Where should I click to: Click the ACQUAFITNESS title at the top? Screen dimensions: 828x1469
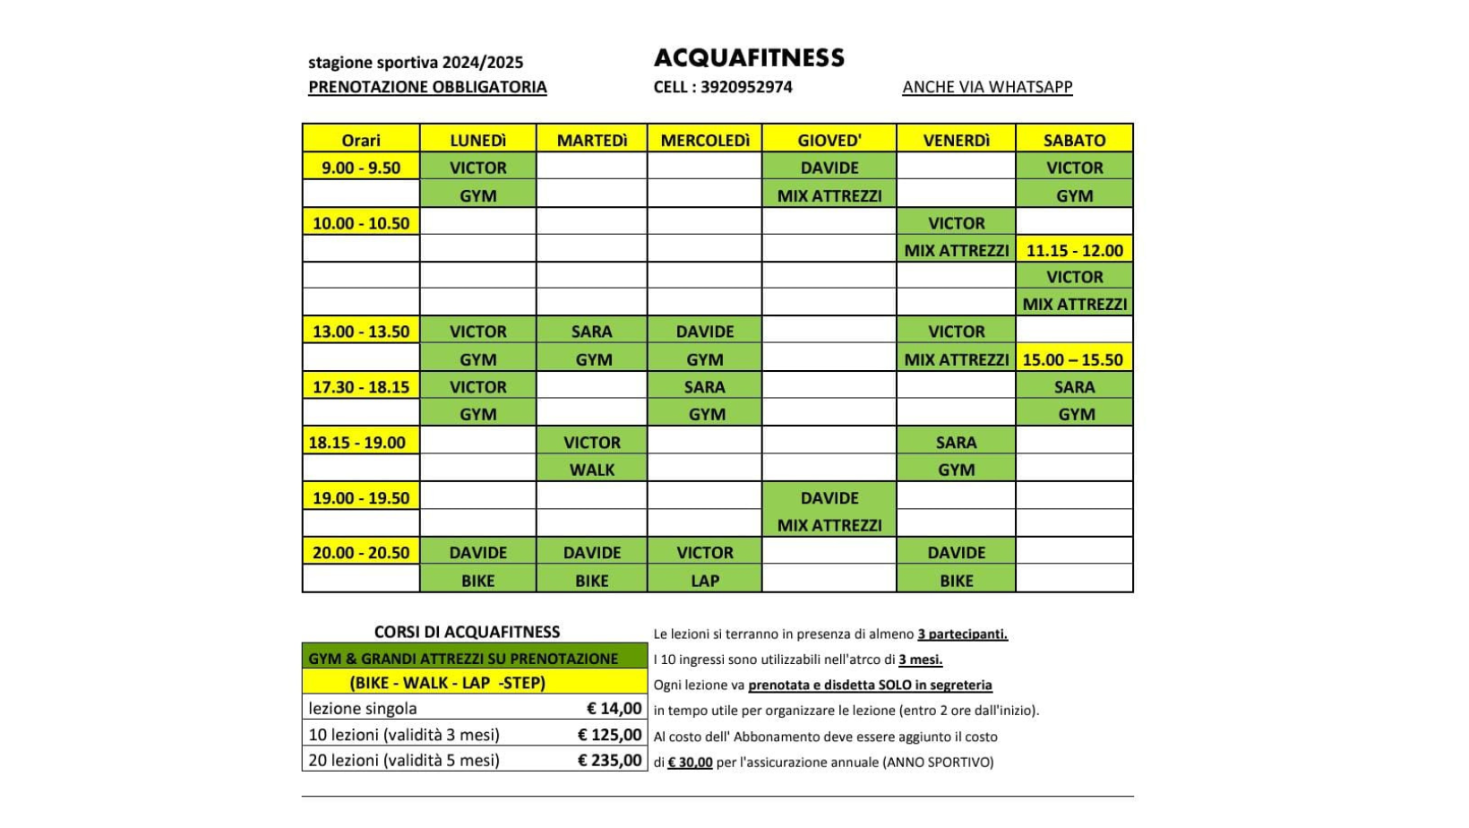coord(749,58)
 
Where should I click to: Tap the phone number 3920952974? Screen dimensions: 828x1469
coord(746,87)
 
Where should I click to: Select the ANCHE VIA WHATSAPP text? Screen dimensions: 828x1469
coord(987,87)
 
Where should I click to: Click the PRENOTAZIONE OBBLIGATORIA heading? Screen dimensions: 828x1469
coord(427,87)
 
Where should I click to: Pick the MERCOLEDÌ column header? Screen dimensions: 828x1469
coord(705,140)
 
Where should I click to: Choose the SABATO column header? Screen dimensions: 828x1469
coord(1074,140)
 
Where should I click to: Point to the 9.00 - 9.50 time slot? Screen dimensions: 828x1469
coord(361,168)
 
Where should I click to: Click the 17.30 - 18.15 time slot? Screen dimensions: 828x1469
coord(361,387)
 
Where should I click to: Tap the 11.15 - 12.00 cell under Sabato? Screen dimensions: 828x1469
coord(1074,250)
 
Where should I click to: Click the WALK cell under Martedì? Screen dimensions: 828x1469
coord(592,470)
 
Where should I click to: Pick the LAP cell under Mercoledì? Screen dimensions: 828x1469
coord(705,581)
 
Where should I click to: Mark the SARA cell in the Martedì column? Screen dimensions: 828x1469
coord(591,332)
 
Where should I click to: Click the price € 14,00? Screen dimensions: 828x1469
coord(614,709)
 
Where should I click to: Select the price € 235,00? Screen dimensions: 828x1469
coord(609,760)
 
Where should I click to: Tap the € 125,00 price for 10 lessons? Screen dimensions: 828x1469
coord(609,735)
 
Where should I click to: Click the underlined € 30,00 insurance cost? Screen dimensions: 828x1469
coord(690,763)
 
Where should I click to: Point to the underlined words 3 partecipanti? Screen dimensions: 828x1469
coord(962,634)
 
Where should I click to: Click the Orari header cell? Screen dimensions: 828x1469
coord(361,140)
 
